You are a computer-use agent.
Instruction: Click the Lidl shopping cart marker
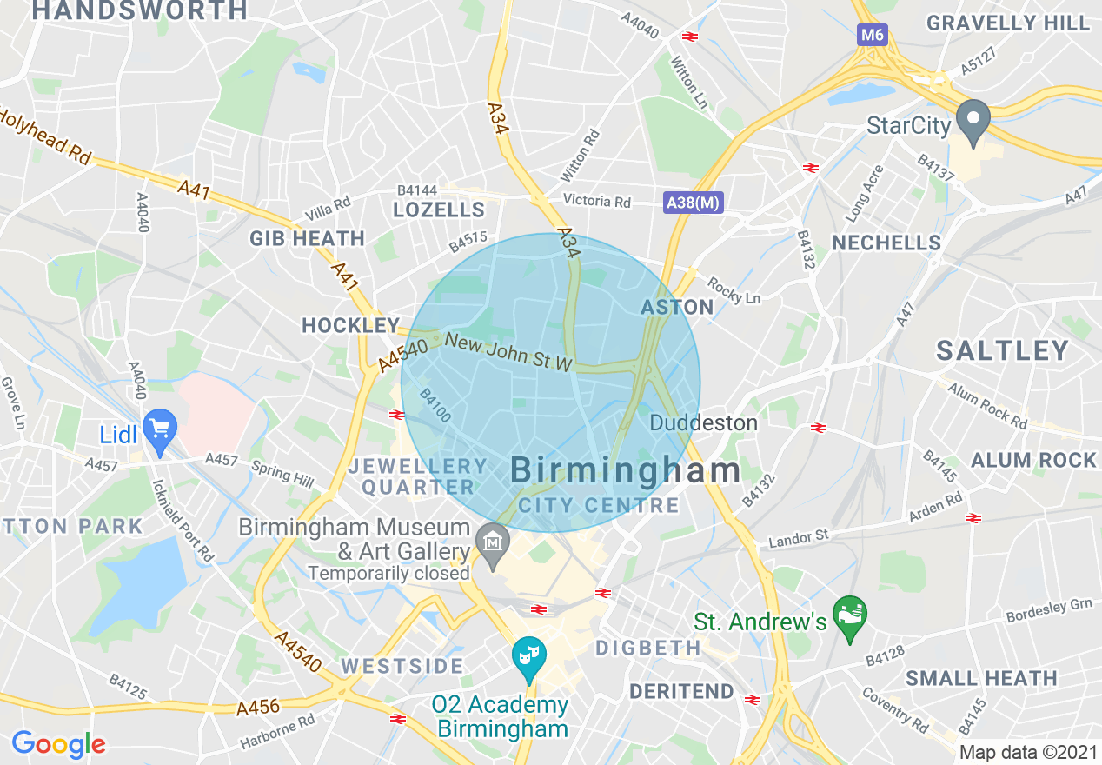[x=159, y=429]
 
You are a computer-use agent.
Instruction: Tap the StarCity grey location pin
[x=973, y=119]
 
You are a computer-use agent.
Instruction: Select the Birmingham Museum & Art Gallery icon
[x=494, y=542]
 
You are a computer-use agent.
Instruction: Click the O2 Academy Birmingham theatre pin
[x=528, y=656]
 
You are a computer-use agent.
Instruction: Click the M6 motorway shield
[x=872, y=35]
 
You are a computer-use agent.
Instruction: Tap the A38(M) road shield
[x=693, y=203]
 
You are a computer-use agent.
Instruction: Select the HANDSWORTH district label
[x=139, y=10]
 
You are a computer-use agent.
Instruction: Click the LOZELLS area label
[x=439, y=210]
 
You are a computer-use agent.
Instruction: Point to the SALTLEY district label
[x=1002, y=350]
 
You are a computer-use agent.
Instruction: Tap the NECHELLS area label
[x=886, y=243]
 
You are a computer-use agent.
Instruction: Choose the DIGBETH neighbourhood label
[x=648, y=648]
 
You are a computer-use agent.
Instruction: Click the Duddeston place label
[x=704, y=423]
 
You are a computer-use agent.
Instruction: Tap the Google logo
[x=58, y=744]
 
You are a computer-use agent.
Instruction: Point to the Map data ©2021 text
[x=1028, y=752]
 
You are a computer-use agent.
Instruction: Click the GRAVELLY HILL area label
[x=1007, y=23]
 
